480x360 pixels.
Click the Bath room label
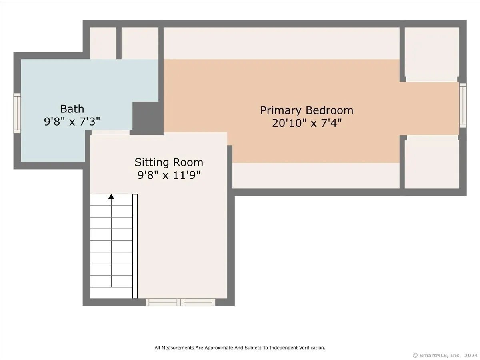click(x=72, y=109)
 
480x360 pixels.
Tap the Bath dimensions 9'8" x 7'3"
click(x=72, y=121)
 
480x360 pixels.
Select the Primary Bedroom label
click(x=306, y=110)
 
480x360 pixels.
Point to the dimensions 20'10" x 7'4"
click(x=306, y=123)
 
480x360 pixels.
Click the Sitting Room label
click(x=169, y=162)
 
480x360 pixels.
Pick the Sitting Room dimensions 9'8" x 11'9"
click(x=169, y=175)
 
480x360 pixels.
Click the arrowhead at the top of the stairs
click(x=111, y=196)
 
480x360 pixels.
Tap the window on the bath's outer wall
click(x=17, y=113)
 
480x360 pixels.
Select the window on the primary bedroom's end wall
click(x=462, y=105)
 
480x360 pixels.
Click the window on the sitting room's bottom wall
click(x=180, y=302)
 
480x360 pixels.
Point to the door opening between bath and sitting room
click(x=110, y=132)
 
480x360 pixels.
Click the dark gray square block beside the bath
click(x=148, y=118)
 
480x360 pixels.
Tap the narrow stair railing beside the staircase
click(x=135, y=246)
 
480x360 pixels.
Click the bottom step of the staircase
click(x=111, y=293)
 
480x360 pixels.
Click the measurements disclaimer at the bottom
click(x=240, y=348)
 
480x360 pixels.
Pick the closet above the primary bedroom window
click(x=432, y=52)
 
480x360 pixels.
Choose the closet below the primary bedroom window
click(x=432, y=164)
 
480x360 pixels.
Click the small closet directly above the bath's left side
click(x=103, y=43)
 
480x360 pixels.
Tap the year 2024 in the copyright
click(x=472, y=355)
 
